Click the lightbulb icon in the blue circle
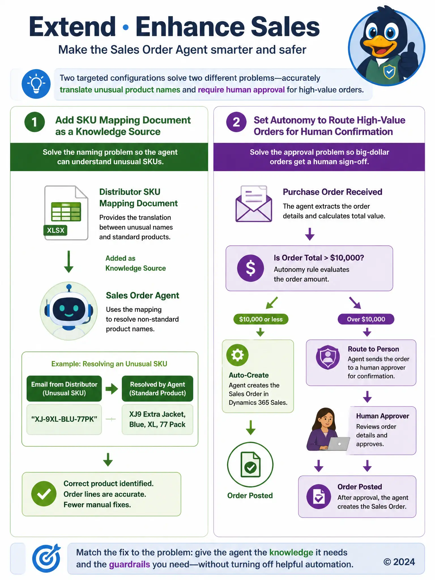(36, 84)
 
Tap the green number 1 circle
(35, 122)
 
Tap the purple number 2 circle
(236, 122)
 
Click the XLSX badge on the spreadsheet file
(56, 230)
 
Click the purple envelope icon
(254, 203)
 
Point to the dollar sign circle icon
(250, 268)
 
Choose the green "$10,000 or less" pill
(261, 319)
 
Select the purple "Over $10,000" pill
(366, 319)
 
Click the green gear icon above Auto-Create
(237, 355)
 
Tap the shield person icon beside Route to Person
(328, 357)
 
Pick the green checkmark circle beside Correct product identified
(44, 494)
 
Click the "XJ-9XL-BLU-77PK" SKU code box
(64, 419)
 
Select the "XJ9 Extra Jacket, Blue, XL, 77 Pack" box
(157, 419)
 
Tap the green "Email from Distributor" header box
(64, 389)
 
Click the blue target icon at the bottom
(46, 558)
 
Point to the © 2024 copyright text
(399, 562)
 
